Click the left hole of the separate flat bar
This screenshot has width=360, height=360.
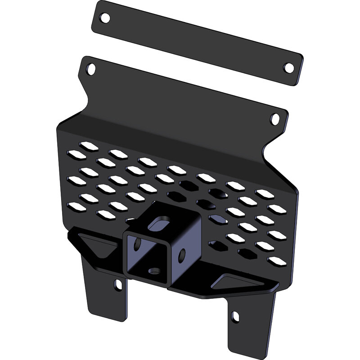pyautogui.click(x=105, y=18)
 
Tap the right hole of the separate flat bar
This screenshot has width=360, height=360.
pyautogui.click(x=288, y=68)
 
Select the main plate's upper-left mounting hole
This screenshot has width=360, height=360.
pyautogui.click(x=91, y=69)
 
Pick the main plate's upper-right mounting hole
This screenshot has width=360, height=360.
pyautogui.click(x=275, y=119)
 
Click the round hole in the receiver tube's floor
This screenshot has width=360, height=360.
pyautogui.click(x=154, y=271)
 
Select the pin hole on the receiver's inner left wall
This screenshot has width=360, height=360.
pyautogui.click(x=137, y=245)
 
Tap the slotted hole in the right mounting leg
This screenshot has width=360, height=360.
pyautogui.click(x=235, y=317)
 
